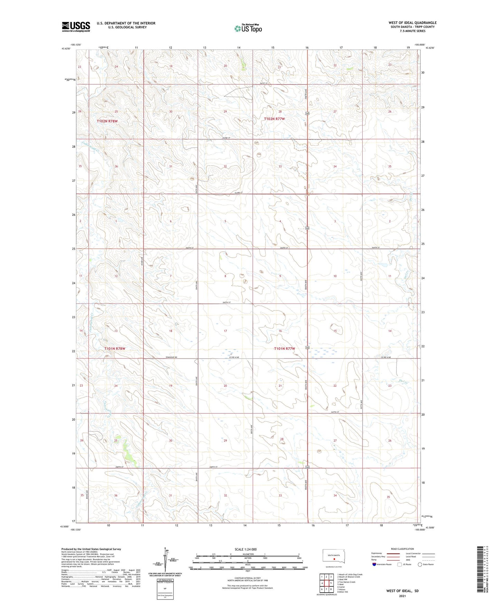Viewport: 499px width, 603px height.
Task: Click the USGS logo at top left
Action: (76, 27)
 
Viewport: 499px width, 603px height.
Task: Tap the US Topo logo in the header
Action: (248, 28)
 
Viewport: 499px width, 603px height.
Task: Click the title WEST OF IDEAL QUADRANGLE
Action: (412, 23)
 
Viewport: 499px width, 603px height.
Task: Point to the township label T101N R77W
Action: (285, 349)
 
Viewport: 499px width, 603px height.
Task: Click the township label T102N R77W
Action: (275, 119)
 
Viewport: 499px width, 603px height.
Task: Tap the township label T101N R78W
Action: (115, 349)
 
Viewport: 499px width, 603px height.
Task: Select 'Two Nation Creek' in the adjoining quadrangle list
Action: (347, 582)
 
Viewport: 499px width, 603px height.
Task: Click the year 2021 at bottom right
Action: (402, 596)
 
